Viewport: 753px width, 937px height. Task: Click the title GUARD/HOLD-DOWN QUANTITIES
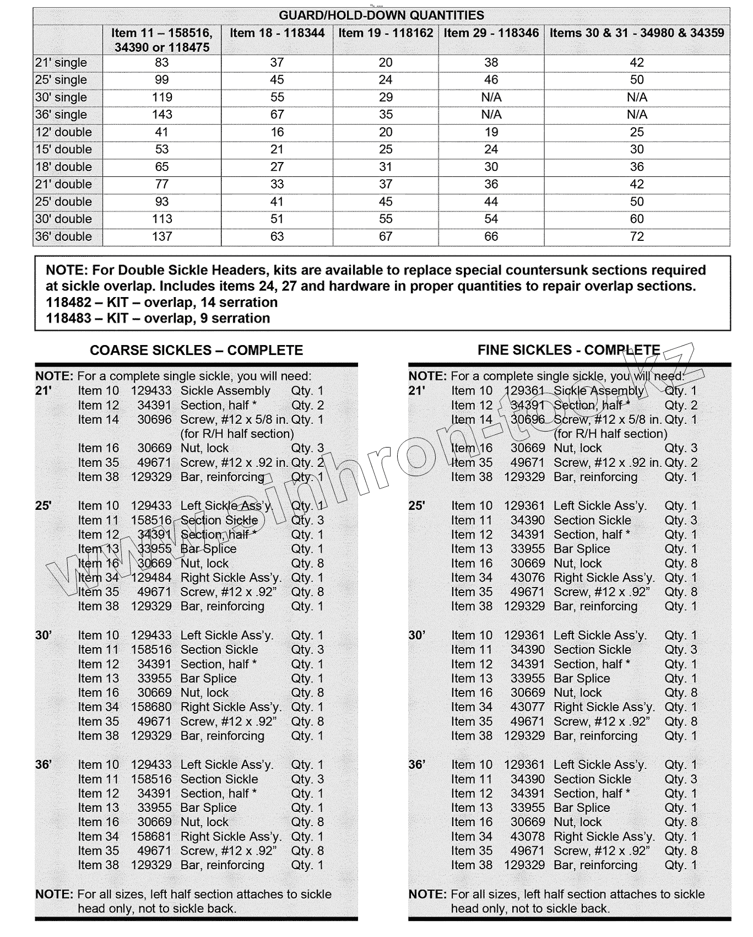pos(381,15)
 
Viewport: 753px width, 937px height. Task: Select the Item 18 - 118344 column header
pos(277,33)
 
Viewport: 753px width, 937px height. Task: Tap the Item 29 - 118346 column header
pos(491,33)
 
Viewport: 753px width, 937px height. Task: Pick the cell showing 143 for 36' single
pos(162,115)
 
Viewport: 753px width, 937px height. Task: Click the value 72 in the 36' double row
pos(637,236)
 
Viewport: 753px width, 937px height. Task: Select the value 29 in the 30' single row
pos(386,97)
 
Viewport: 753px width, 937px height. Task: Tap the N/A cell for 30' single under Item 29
pos(491,97)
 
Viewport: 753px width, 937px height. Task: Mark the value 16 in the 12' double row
pos(277,132)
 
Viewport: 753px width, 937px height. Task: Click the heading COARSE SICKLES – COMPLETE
pos(196,351)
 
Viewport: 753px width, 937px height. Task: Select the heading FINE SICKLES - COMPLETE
pos(568,351)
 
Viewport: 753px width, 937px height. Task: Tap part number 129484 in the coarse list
pos(151,578)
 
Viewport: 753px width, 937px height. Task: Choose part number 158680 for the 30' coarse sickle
pos(151,707)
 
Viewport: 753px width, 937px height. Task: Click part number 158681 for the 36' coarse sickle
pos(151,837)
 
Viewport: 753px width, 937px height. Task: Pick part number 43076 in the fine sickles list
pos(527,578)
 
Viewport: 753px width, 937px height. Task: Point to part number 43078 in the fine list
pos(527,837)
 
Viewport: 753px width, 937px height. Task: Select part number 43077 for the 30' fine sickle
pos(527,707)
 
